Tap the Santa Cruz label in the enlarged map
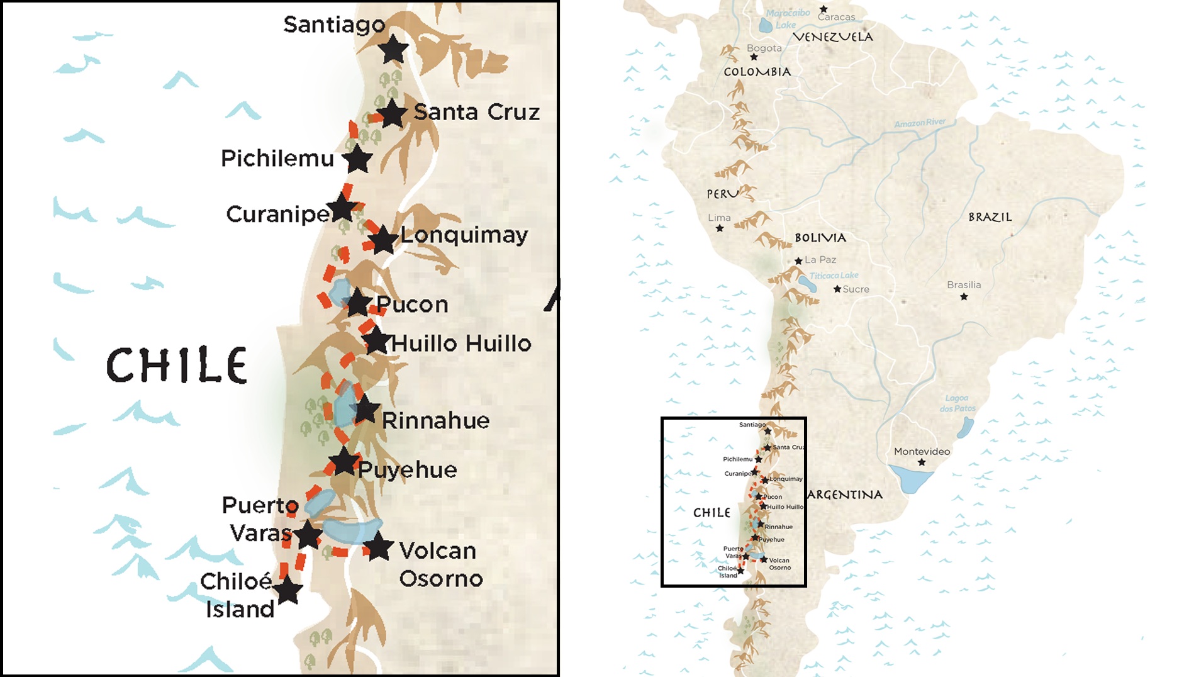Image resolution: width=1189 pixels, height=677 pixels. pyautogui.click(x=476, y=112)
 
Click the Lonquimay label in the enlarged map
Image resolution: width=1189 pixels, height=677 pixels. pyautogui.click(x=464, y=235)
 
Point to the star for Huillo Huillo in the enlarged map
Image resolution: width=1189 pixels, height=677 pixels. pyautogui.click(x=376, y=340)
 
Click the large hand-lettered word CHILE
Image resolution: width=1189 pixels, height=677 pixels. pyautogui.click(x=177, y=365)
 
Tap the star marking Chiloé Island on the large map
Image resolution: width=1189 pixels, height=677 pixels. pyautogui.click(x=288, y=590)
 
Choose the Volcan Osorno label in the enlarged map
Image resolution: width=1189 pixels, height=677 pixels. pyautogui.click(x=440, y=564)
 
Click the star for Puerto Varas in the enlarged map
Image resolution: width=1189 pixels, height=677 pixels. pyautogui.click(x=308, y=535)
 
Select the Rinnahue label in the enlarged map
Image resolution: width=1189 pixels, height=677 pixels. pyautogui.click(x=435, y=420)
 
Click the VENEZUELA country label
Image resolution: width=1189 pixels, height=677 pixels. pyautogui.click(x=832, y=37)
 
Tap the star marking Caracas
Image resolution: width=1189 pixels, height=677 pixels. pyautogui.click(x=823, y=9)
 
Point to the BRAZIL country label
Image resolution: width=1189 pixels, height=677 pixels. pyautogui.click(x=990, y=217)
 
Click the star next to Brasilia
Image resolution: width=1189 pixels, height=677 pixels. pyautogui.click(x=964, y=296)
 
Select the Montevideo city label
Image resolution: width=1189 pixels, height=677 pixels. pyautogui.click(x=922, y=451)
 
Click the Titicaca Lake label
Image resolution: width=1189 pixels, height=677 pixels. pyautogui.click(x=834, y=276)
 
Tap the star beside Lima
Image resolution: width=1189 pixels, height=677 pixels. pyautogui.click(x=720, y=228)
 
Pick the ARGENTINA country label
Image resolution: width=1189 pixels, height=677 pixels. pyautogui.click(x=845, y=495)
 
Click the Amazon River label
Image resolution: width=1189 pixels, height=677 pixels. pyautogui.click(x=920, y=123)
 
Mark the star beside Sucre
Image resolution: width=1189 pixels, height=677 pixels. pyautogui.click(x=837, y=289)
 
